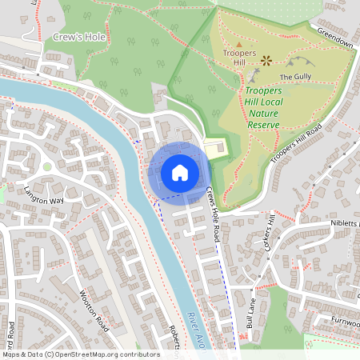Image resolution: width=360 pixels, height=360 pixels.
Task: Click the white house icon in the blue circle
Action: tap(179, 172)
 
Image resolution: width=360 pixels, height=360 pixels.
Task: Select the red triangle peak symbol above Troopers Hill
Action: tap(239, 43)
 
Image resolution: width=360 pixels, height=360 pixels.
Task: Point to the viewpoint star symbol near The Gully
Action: tap(266, 59)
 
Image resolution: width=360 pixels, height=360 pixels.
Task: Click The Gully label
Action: tap(294, 77)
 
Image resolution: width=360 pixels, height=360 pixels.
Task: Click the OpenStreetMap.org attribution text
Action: tap(80, 354)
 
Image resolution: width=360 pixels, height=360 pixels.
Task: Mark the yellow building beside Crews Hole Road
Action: tap(214, 150)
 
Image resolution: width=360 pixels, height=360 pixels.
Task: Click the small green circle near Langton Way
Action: tap(47, 166)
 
